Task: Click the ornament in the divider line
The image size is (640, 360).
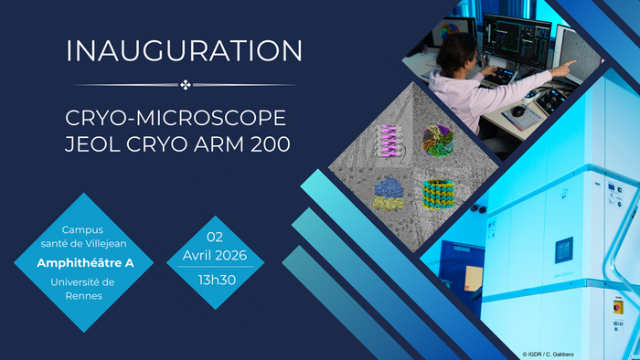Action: (186, 85)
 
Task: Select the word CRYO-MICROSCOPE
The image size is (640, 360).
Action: (176, 120)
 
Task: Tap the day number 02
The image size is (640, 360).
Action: (215, 236)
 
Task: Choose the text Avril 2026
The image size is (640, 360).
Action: (215, 255)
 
